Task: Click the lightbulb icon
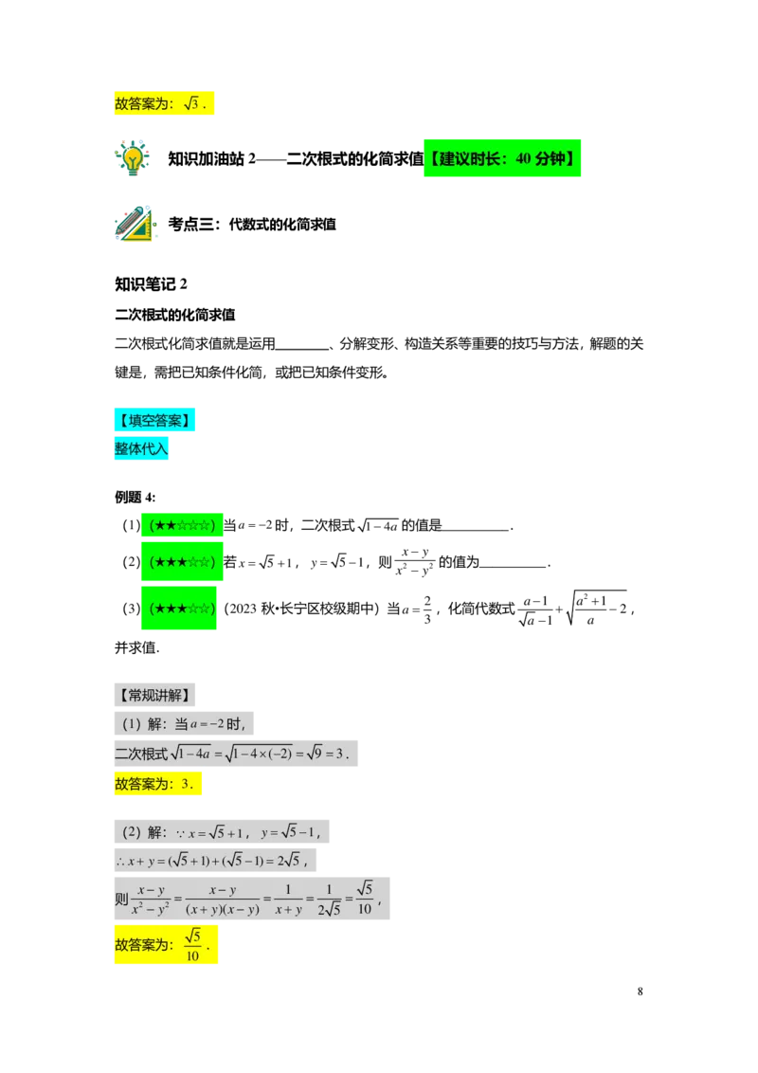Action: click(x=132, y=158)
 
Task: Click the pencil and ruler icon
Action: click(x=135, y=223)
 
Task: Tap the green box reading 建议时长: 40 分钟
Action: click(x=502, y=158)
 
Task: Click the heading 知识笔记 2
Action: click(x=151, y=284)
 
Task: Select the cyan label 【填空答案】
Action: click(x=154, y=420)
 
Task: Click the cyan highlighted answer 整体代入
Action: click(x=141, y=448)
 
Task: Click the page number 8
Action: click(x=640, y=991)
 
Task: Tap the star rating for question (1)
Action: click(x=182, y=525)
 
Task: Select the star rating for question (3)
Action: click(x=179, y=608)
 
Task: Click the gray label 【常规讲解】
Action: click(x=154, y=695)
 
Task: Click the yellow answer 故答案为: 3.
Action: click(x=158, y=784)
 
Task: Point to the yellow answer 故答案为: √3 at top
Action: click(x=164, y=103)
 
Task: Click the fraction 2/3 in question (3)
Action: click(x=427, y=609)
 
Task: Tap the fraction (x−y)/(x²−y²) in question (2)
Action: click(x=415, y=562)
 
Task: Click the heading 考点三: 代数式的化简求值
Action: click(x=252, y=224)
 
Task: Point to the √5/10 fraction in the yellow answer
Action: click(x=193, y=945)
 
